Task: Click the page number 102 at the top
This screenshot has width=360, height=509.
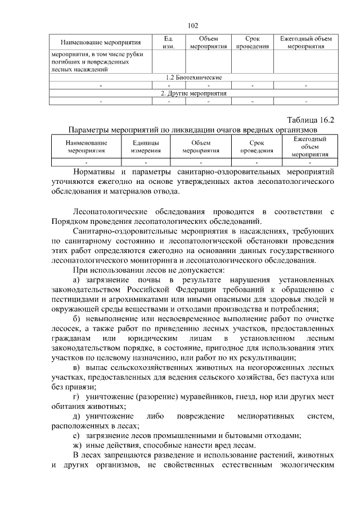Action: pos(193,25)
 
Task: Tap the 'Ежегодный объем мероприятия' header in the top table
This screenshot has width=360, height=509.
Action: pos(305,43)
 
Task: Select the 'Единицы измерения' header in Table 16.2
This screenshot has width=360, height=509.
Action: pos(146,147)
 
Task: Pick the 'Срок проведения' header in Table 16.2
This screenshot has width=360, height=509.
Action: pos(256,147)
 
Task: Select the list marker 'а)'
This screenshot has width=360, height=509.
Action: pos(77,280)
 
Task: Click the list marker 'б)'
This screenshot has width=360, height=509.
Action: pos(77,319)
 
